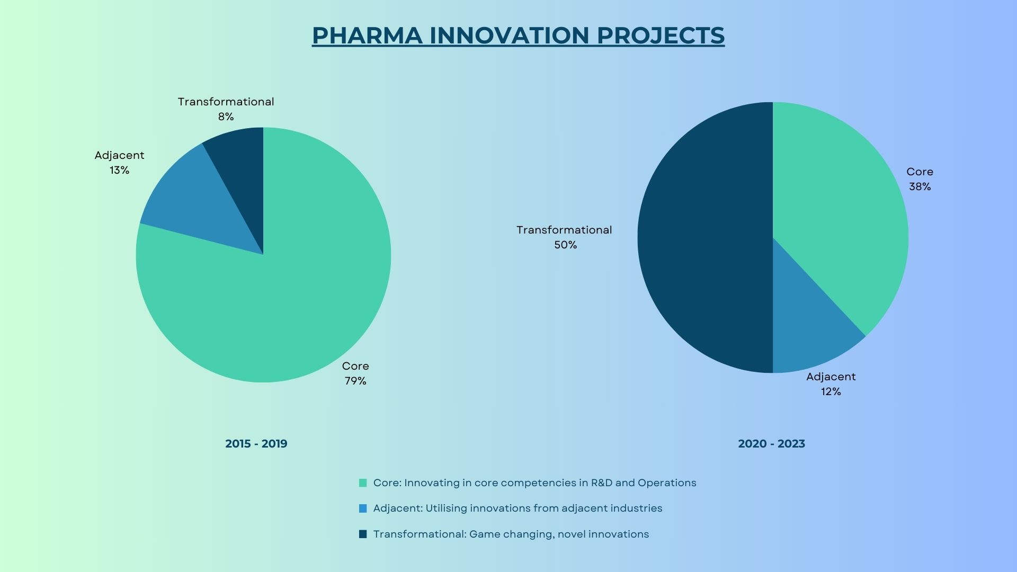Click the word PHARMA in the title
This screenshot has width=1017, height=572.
click(x=367, y=35)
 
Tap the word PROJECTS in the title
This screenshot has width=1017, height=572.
click(x=661, y=35)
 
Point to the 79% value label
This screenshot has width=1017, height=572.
click(x=355, y=381)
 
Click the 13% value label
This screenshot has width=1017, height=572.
click(x=120, y=170)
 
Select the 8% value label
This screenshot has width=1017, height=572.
click(x=226, y=117)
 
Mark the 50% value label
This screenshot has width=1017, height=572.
click(x=566, y=245)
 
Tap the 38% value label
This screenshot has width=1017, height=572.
click(x=920, y=186)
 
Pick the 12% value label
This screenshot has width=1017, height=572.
click(x=831, y=391)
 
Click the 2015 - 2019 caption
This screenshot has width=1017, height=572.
click(x=256, y=444)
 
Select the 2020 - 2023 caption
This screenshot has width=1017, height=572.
click(x=772, y=444)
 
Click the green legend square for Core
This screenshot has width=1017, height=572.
click(x=363, y=483)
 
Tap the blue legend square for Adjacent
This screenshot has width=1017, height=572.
click(x=363, y=508)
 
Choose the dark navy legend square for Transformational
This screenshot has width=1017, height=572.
click(x=363, y=534)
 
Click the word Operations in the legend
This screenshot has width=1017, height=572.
click(x=667, y=483)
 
